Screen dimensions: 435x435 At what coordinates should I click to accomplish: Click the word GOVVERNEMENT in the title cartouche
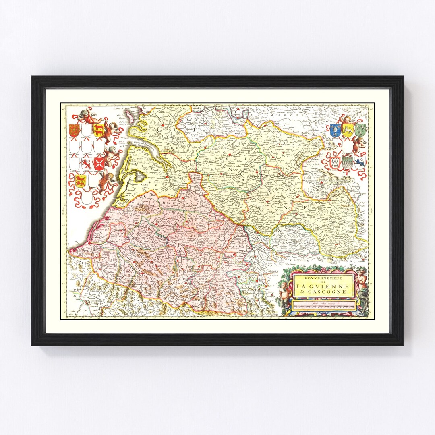click(x=322, y=278)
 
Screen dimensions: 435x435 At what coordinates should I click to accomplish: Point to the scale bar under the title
click(x=324, y=306)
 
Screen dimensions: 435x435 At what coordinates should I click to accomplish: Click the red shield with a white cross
click(x=99, y=163)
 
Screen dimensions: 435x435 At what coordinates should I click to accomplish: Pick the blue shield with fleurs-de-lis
click(x=336, y=130)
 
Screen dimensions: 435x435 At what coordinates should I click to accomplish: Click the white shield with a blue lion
click(x=360, y=163)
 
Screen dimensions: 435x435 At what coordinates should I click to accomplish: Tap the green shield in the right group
click(x=360, y=130)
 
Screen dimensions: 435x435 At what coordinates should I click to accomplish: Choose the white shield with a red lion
click(x=87, y=164)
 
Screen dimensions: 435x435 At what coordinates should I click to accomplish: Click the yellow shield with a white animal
click(x=348, y=130)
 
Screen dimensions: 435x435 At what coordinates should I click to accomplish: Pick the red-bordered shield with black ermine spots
click(x=336, y=163)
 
